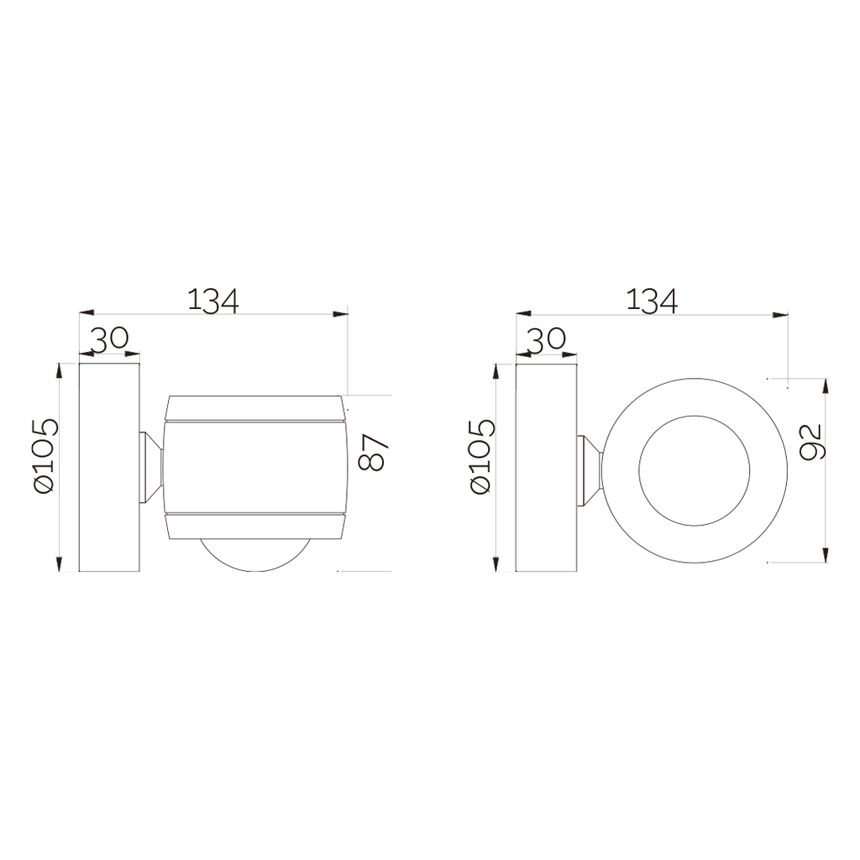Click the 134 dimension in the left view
(x=213, y=301)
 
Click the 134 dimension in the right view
(x=652, y=301)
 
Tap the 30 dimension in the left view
(x=109, y=338)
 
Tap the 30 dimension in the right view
(x=546, y=338)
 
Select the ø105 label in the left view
(x=45, y=456)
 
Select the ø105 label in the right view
(x=483, y=456)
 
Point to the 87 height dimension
(x=373, y=453)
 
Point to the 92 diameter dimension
(x=810, y=442)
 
